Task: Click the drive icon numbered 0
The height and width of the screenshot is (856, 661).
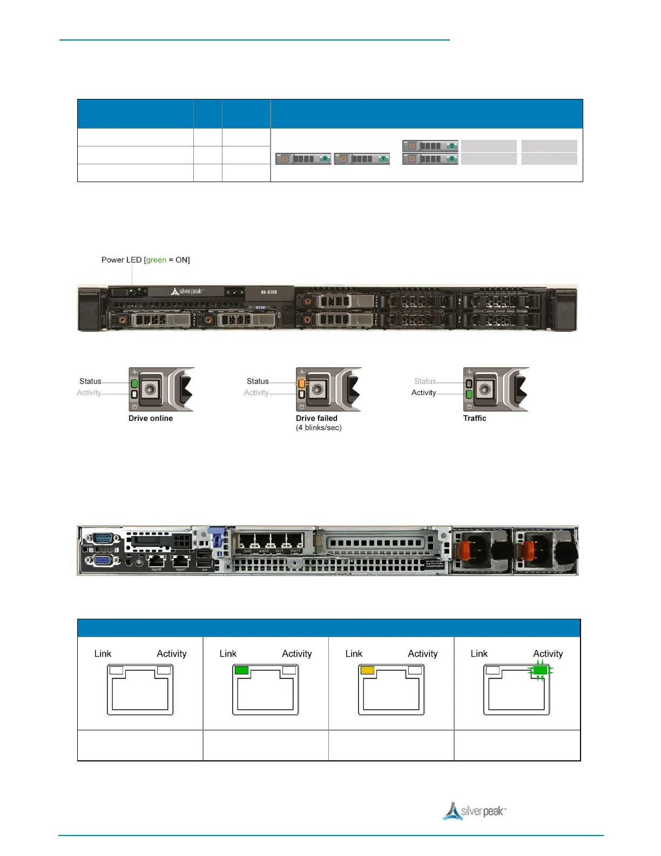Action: coord(303,159)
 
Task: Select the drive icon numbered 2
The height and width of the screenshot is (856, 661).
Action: coord(430,146)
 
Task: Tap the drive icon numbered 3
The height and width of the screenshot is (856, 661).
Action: coord(430,159)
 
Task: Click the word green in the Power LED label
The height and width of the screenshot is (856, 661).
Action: coord(156,260)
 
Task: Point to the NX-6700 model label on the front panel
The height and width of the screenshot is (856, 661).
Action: coord(269,292)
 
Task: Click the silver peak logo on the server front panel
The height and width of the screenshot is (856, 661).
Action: coord(187,292)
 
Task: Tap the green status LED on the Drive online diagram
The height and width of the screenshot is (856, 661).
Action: coord(134,384)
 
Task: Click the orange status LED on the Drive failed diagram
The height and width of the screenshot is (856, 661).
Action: coord(302,384)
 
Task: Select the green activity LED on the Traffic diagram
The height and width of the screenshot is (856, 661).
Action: coord(469,394)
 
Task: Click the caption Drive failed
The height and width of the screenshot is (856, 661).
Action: coord(316,418)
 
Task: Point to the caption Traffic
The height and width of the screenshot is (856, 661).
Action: coord(475,418)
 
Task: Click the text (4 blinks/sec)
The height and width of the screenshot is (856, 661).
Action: coord(319,428)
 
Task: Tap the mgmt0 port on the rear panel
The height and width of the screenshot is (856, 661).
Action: coord(156,561)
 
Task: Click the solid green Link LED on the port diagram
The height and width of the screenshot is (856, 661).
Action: coord(241,671)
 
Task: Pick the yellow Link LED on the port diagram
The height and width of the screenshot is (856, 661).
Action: coord(367,671)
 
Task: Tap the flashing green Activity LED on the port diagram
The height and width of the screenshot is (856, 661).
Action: coord(540,671)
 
